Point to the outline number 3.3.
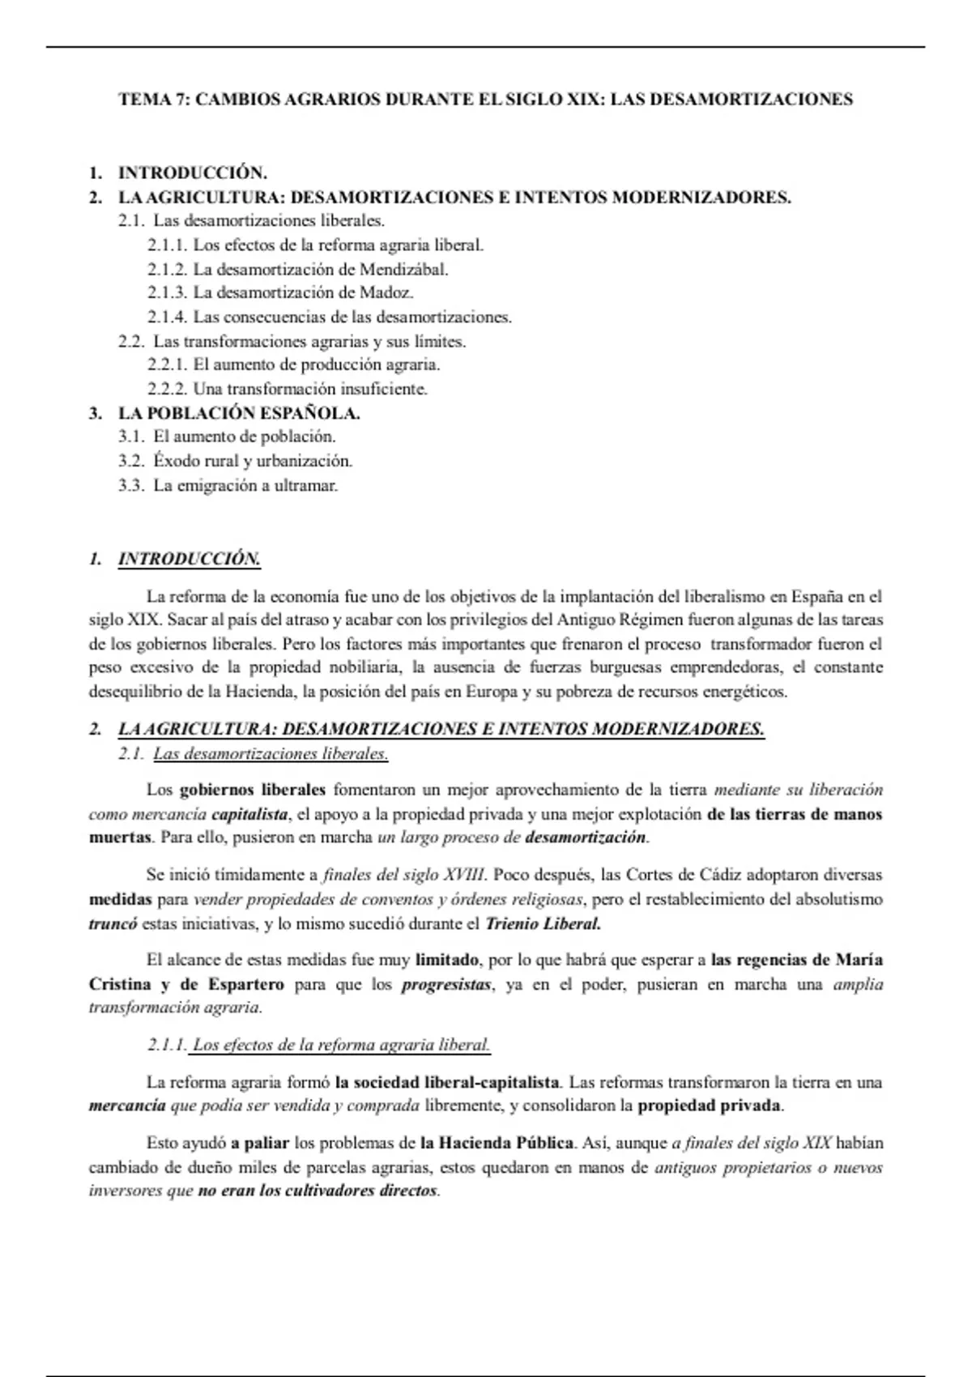point(131,486)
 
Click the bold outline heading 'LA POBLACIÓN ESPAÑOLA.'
point(239,413)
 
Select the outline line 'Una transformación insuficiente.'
point(309,389)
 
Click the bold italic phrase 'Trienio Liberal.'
point(543,923)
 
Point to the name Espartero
point(242,985)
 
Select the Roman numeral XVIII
point(465,875)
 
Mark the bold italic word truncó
point(113,923)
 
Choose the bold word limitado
point(447,961)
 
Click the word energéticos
point(744,693)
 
